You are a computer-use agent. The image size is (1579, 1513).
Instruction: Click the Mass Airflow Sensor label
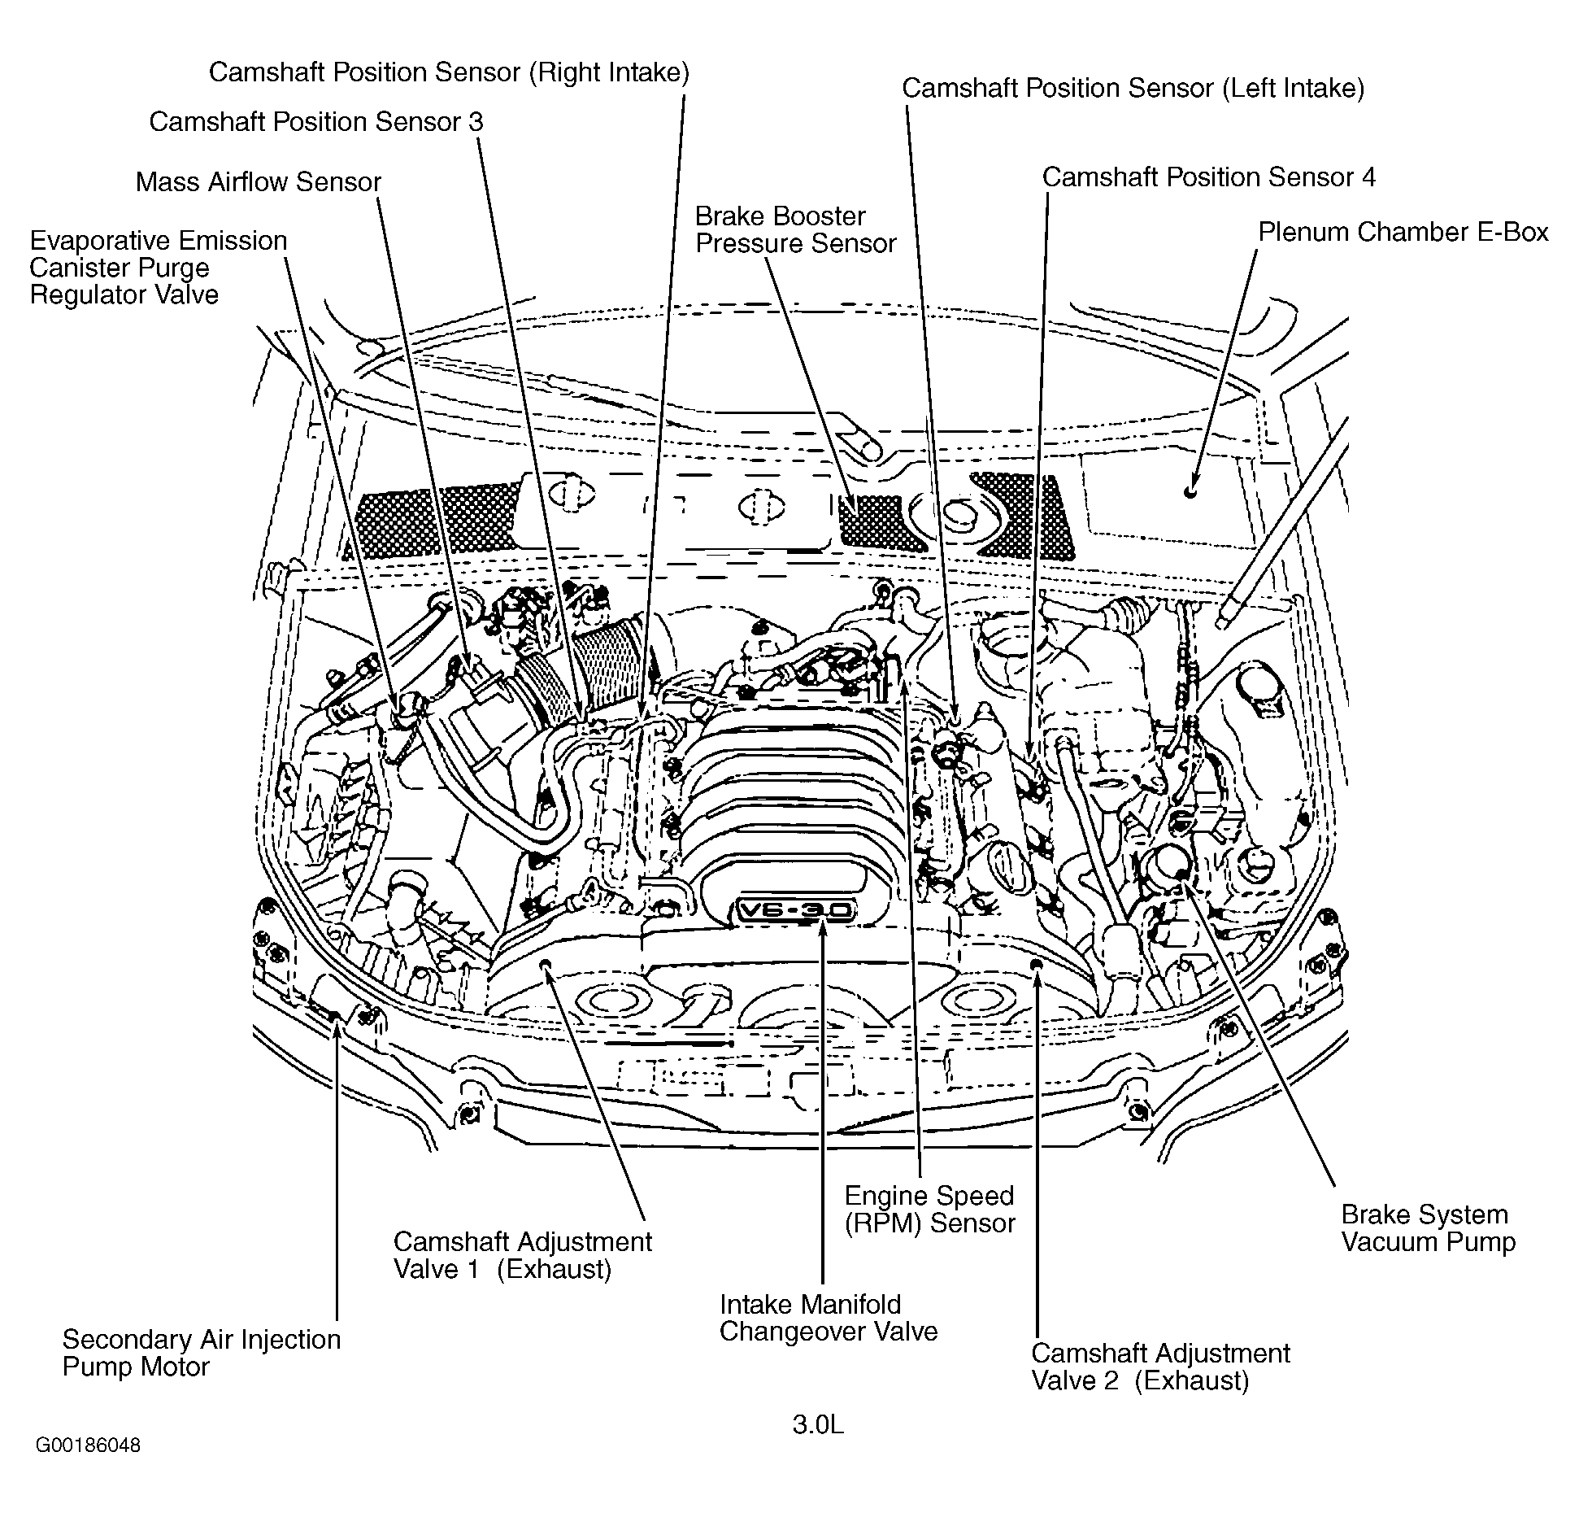click(258, 181)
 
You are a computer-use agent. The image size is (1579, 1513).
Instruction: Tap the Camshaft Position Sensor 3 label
click(315, 122)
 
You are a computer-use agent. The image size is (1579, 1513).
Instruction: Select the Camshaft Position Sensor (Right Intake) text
click(449, 72)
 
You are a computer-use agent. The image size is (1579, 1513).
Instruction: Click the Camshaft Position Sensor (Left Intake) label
click(1133, 88)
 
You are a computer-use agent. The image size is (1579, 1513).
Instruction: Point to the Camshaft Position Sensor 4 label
click(1208, 177)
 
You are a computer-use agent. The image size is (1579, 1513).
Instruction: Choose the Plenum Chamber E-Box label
click(1403, 233)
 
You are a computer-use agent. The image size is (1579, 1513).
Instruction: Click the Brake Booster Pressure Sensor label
click(794, 230)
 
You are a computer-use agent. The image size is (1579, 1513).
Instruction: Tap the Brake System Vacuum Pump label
click(1428, 1228)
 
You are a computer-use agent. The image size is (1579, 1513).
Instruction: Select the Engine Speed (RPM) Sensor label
click(929, 1210)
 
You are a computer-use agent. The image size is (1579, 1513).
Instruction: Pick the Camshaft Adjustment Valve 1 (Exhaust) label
click(522, 1255)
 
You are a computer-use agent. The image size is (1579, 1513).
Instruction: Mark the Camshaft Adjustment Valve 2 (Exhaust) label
click(1159, 1367)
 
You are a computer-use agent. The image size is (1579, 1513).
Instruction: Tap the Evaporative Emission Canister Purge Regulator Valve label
click(158, 268)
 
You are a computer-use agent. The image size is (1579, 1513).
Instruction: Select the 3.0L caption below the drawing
click(818, 1424)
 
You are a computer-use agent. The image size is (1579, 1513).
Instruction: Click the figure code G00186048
click(88, 1445)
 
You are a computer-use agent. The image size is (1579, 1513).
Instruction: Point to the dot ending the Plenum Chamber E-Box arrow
click(1190, 492)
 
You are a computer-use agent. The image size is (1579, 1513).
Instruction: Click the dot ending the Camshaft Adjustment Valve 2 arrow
click(1036, 965)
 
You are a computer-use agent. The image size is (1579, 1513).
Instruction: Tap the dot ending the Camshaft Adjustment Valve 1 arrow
click(546, 965)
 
